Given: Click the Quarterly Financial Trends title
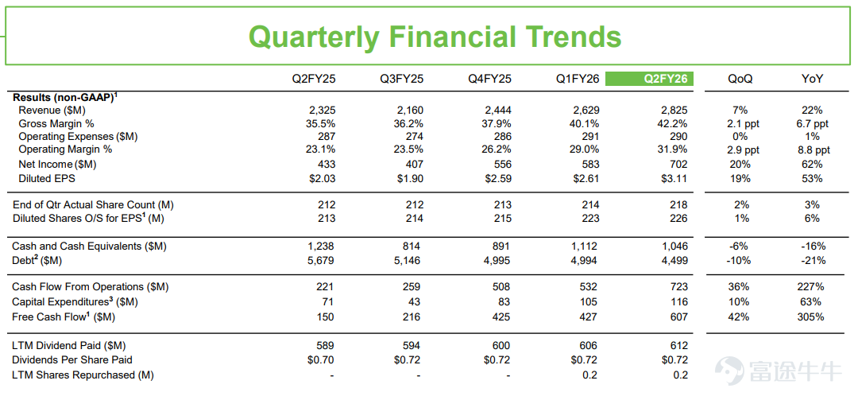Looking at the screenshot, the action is (435, 37).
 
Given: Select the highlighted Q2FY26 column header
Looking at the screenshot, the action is (650, 79).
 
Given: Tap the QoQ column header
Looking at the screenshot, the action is (740, 79).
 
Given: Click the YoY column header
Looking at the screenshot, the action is (812, 79).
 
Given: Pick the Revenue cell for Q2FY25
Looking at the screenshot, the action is (321, 110).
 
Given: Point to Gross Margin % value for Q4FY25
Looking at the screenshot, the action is (495, 123).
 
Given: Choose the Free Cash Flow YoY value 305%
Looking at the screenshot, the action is (812, 317).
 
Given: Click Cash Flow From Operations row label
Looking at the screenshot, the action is (91, 286).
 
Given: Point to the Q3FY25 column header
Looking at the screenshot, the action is (402, 79).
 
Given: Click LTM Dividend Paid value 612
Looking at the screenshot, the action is (678, 346).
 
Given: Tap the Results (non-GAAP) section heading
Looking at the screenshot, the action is (65, 97).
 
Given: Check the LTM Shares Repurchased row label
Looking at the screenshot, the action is (83, 375).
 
